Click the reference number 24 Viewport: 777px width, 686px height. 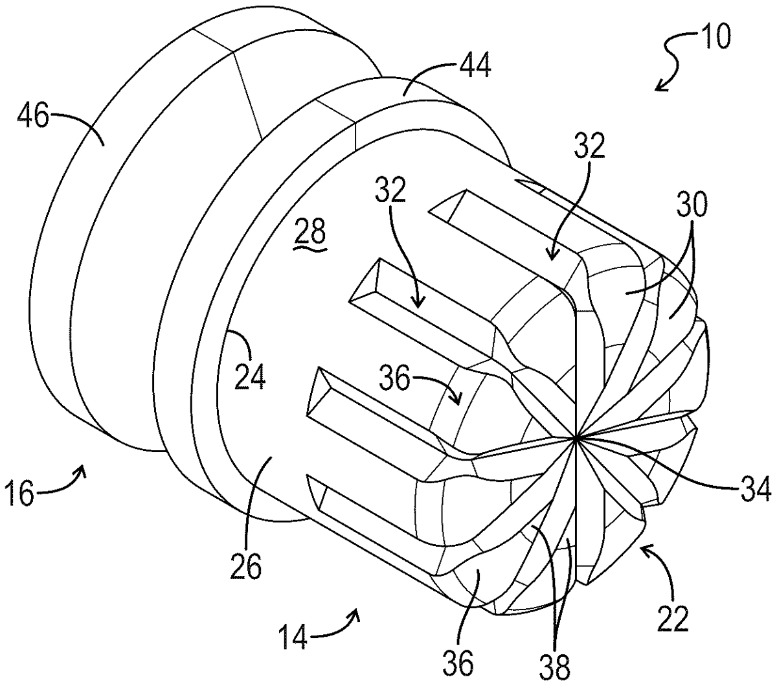[249, 376]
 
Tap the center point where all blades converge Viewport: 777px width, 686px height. [576, 439]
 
